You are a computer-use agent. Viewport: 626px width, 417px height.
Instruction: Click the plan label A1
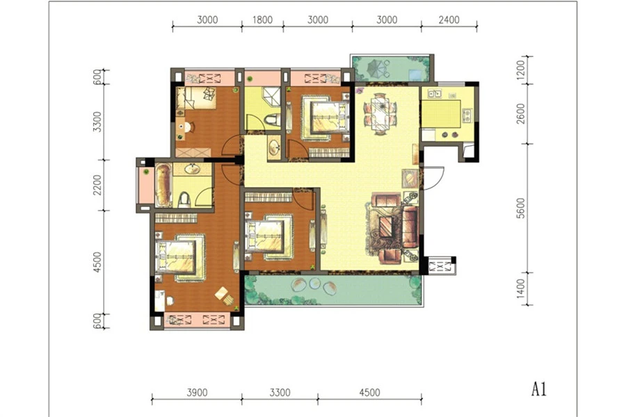pos(538,389)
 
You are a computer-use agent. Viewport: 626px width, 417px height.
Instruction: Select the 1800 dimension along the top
pos(262,20)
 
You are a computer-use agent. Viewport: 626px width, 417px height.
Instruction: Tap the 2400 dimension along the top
pos(449,20)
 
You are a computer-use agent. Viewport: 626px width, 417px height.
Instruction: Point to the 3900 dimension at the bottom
pos(198,393)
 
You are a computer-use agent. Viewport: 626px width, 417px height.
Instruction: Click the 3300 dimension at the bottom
pos(280,393)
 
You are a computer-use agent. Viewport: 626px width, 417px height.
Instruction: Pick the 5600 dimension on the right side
pos(520,208)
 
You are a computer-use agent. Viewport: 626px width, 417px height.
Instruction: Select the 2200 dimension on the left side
pos(97,185)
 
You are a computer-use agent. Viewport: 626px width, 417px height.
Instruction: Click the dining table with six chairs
pos(380,113)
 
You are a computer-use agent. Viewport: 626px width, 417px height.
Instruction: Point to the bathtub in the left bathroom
pos(163,185)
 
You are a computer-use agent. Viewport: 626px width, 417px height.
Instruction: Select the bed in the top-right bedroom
pos(324,117)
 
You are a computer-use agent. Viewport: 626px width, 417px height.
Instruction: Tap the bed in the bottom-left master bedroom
pos(179,256)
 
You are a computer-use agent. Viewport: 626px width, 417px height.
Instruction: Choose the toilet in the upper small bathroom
pos(272,120)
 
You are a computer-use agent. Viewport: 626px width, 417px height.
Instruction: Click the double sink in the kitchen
pos(434,94)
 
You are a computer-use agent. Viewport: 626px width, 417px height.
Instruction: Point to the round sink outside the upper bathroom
pos(274,147)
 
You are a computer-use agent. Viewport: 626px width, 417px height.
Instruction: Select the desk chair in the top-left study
pos(188,127)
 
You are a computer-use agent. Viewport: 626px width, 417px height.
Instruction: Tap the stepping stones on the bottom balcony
pos(314,286)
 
